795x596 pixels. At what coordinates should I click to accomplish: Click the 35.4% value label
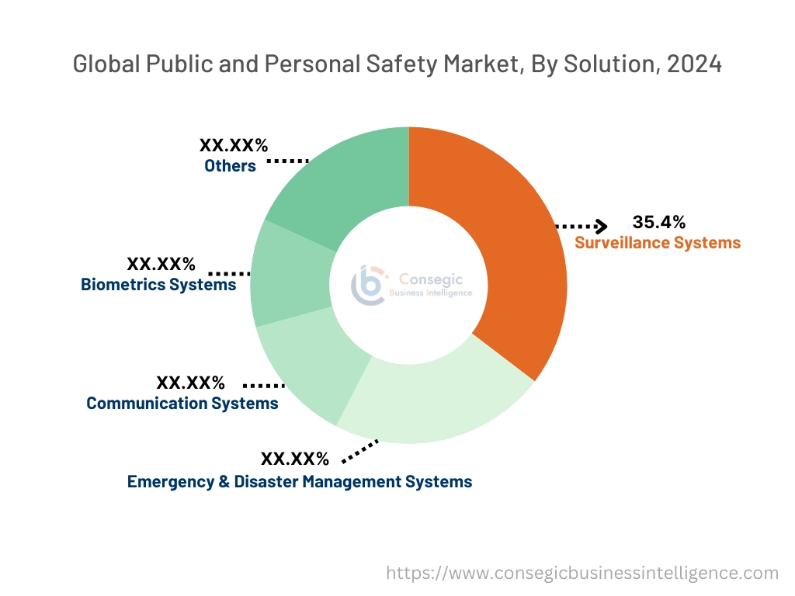tap(659, 223)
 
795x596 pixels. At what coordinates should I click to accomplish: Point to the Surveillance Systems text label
tap(658, 243)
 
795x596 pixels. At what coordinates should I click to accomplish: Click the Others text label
tap(230, 166)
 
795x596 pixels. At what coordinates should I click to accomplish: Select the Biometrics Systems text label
tap(158, 285)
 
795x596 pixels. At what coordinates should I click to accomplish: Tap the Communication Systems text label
tap(182, 404)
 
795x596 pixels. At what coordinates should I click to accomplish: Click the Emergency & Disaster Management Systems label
tap(300, 482)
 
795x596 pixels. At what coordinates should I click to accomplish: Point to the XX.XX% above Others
tap(234, 145)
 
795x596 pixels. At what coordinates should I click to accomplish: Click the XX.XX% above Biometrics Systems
tap(161, 264)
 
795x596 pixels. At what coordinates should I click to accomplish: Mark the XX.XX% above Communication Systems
tap(191, 383)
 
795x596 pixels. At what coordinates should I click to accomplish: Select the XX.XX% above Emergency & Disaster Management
tap(295, 459)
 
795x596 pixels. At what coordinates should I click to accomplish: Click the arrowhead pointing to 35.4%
tap(601, 227)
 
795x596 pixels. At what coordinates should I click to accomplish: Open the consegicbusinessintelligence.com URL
tap(582, 573)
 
